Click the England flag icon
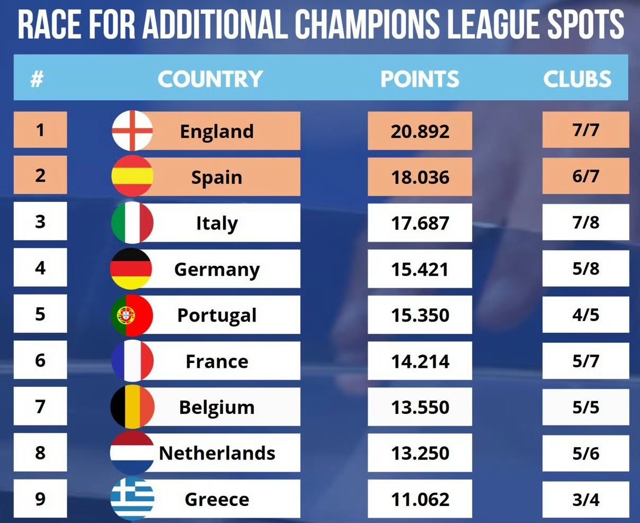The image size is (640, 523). coord(132,130)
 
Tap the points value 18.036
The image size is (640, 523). coord(420,177)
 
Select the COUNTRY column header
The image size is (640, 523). coord(210,79)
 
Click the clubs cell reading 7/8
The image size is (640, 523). coord(585,223)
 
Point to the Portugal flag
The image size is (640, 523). coord(132,315)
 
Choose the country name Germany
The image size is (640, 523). coord(217,269)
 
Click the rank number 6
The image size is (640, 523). coord(40,360)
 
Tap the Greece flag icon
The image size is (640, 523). coord(132,499)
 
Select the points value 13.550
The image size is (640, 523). coord(420,407)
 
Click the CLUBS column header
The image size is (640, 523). coord(577,79)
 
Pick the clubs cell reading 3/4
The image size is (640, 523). coord(585,499)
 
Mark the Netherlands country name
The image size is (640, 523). coord(217,453)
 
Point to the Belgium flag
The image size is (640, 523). coord(132,407)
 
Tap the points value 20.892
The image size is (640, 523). coord(420,131)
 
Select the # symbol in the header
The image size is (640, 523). coord(37,79)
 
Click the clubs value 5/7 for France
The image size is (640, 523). coord(585,361)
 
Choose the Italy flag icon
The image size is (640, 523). coord(132,223)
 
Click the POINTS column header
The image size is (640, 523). coord(420,79)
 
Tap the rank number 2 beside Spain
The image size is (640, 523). coord(40,175)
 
